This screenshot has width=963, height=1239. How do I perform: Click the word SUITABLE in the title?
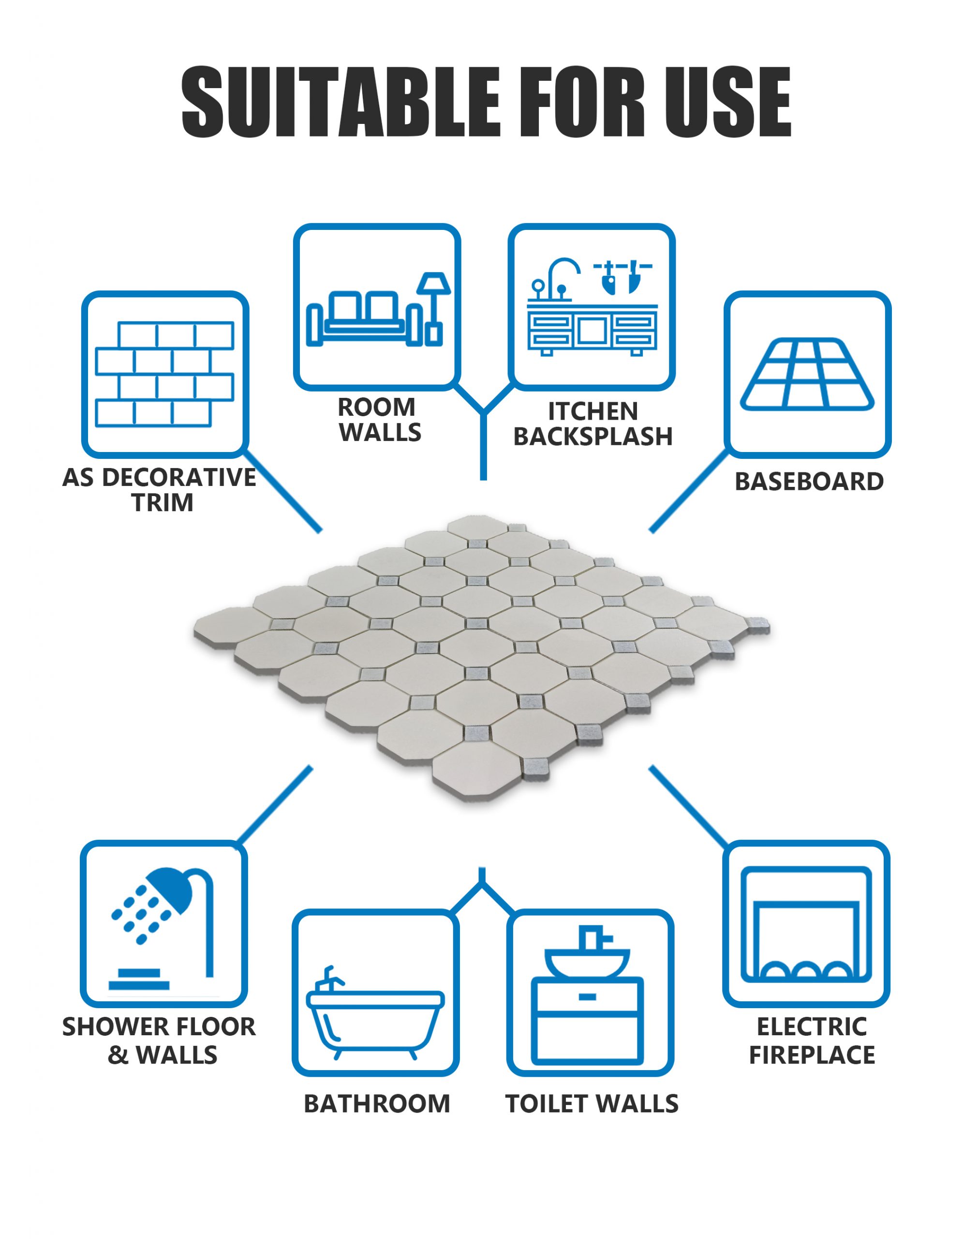point(341,102)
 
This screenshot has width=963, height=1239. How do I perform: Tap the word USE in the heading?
point(727,102)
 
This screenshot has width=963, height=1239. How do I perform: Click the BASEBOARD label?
point(809,482)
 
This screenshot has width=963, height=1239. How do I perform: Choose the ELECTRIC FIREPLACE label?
point(812,1041)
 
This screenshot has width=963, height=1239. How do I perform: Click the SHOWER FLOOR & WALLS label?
point(159,1041)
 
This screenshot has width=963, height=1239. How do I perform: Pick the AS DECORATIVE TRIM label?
point(159,490)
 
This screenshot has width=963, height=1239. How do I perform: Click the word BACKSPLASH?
point(593,437)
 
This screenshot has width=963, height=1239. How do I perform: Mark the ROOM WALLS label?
point(380,420)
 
